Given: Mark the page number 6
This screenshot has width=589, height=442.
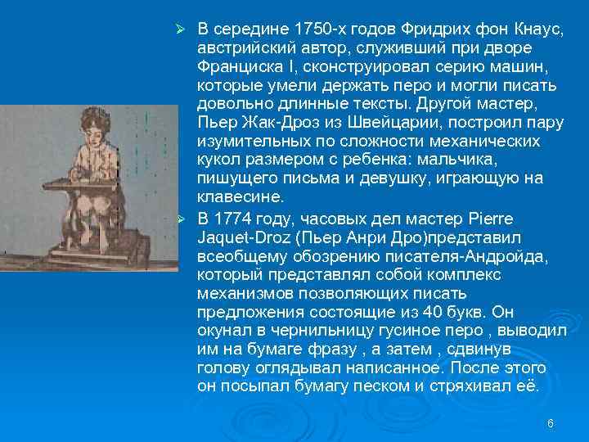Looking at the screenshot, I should tap(550, 423).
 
